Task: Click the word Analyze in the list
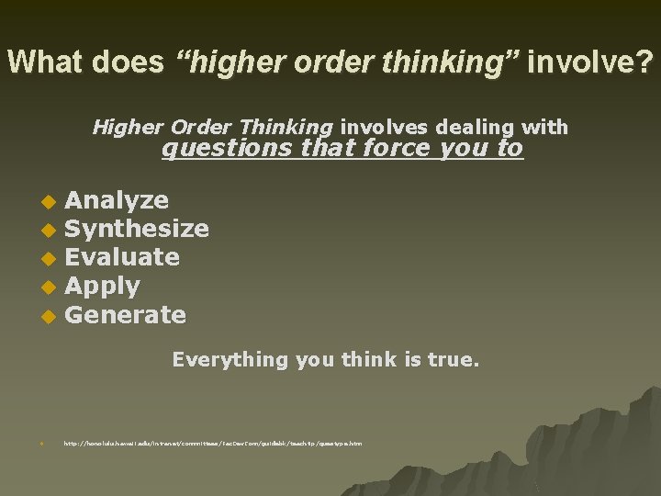[x=117, y=200]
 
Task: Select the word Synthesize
[x=137, y=229]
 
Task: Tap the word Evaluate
[x=122, y=257]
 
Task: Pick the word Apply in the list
[x=102, y=287]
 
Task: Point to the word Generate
[x=126, y=315]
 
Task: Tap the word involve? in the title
[x=590, y=62]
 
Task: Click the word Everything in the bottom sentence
[x=230, y=359]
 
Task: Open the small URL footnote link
[x=212, y=445]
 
